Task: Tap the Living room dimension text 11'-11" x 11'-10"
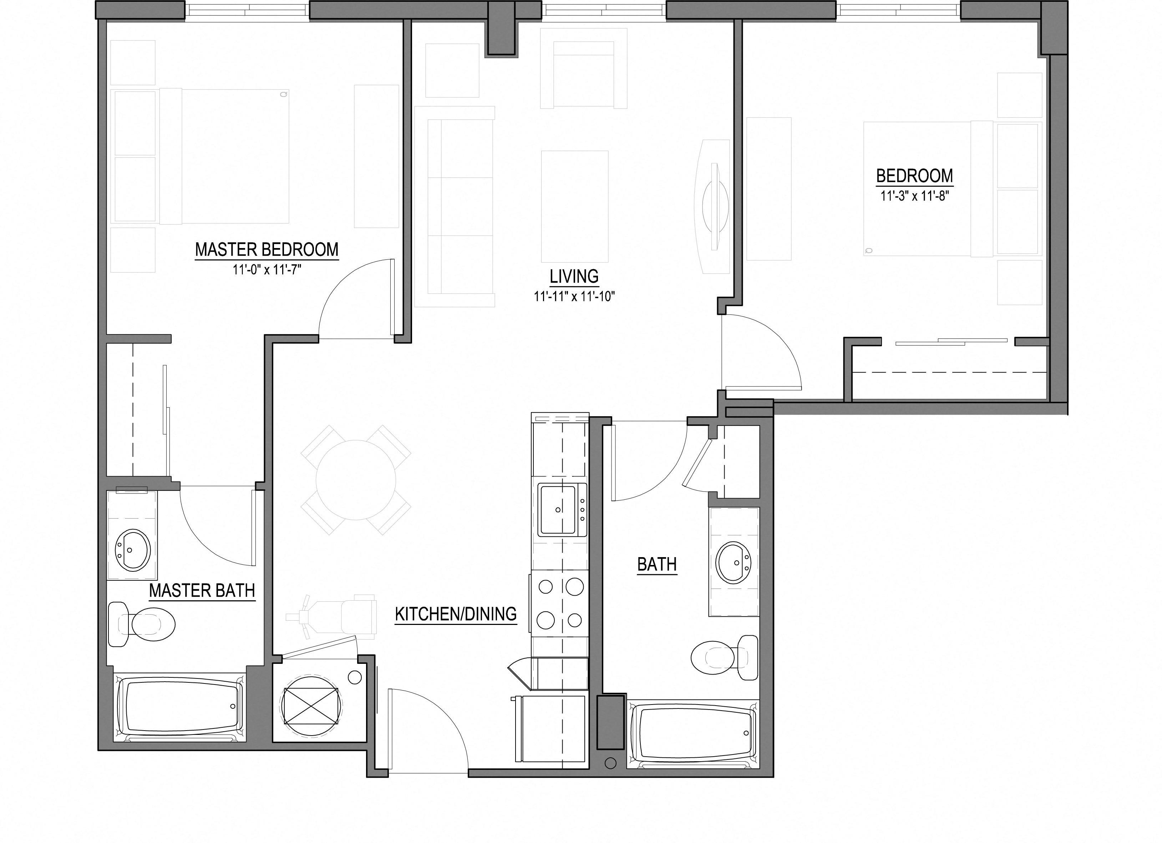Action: [574, 296]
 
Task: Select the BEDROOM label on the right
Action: [914, 176]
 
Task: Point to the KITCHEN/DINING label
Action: [456, 614]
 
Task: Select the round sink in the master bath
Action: [132, 549]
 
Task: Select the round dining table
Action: [356, 480]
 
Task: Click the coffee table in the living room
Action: [574, 206]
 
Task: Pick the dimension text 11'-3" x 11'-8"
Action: [914, 196]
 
